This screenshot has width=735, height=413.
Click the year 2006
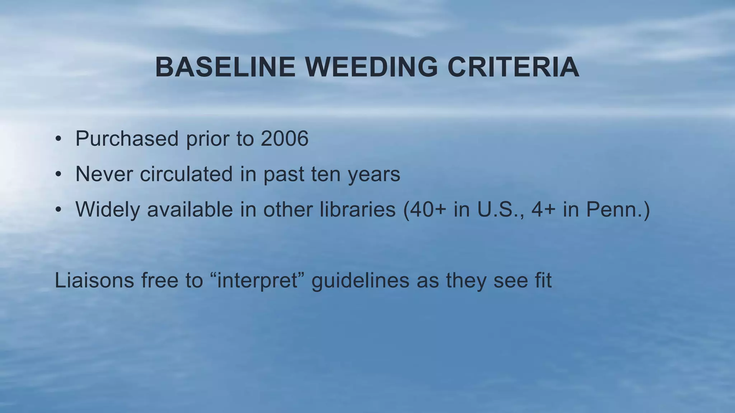[284, 138]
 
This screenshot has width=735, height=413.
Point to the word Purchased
[127, 138]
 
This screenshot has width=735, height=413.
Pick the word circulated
[186, 174]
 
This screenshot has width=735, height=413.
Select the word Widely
[107, 210]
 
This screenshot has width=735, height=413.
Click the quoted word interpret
[257, 281]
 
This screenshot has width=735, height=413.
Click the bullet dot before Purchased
[58, 139]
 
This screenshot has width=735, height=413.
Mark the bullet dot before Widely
[58, 210]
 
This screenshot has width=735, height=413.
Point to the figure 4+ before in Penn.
[543, 209]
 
